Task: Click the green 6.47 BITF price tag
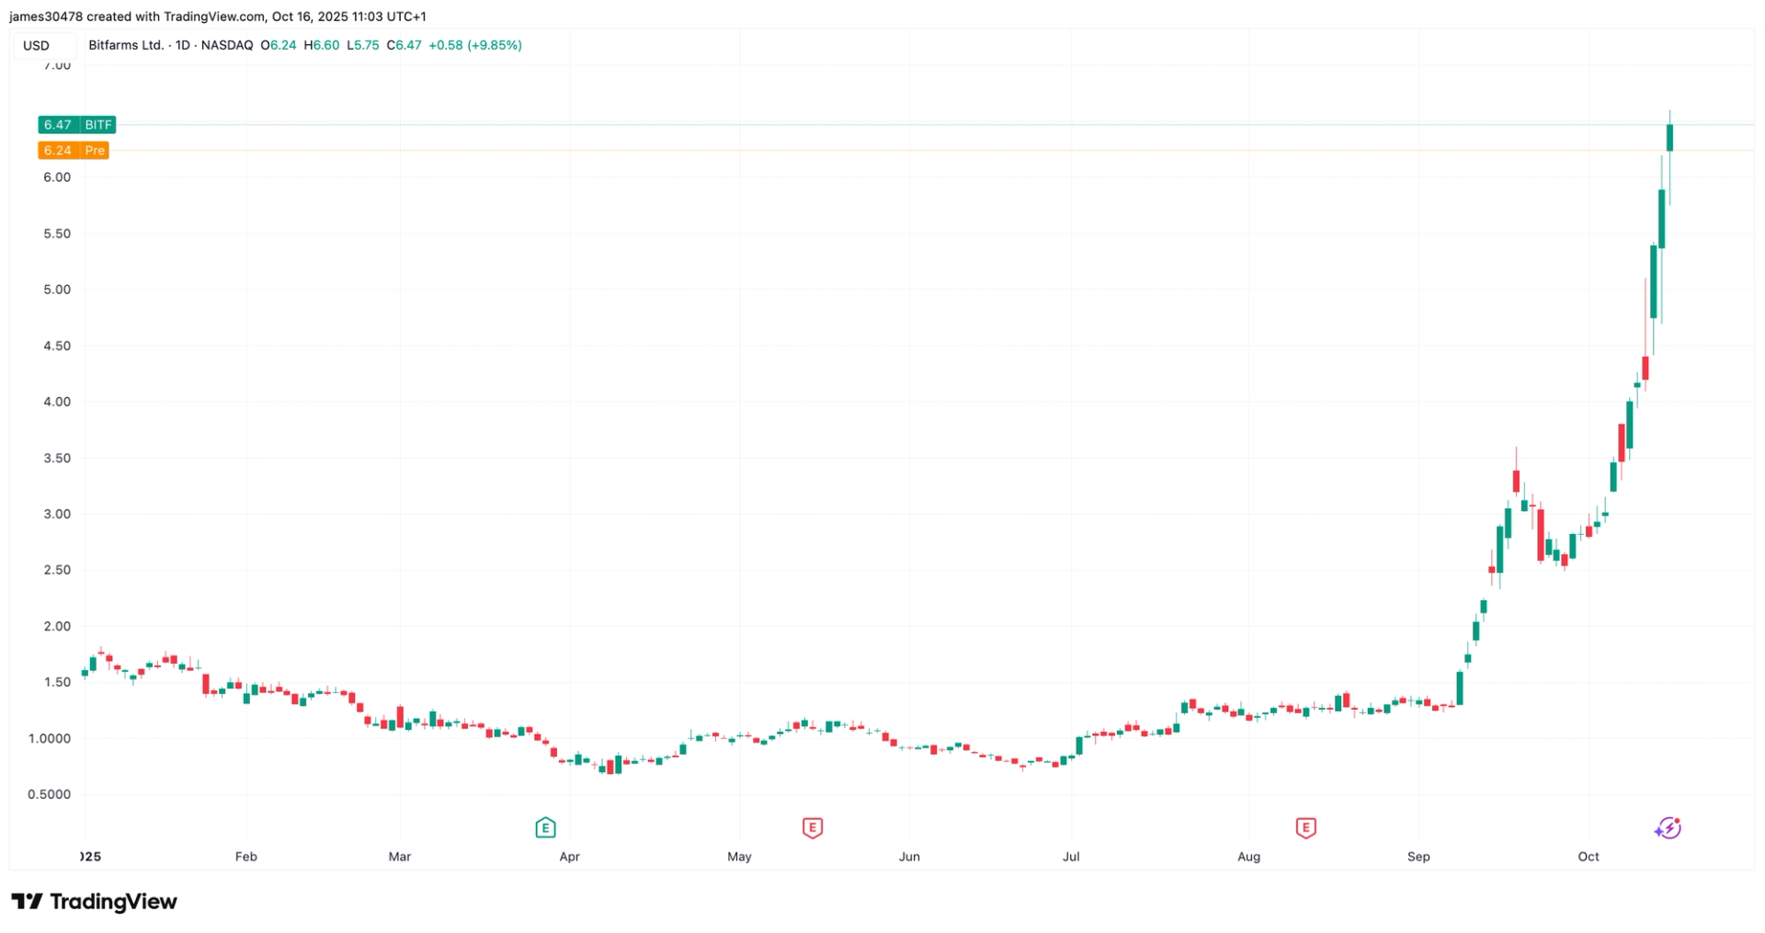(76, 125)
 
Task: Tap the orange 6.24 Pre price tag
(74, 151)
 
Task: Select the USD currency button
(37, 46)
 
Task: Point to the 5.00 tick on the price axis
(57, 290)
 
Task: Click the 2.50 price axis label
(57, 570)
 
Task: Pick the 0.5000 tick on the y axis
(50, 794)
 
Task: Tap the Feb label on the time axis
(245, 857)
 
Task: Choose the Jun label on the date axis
(909, 857)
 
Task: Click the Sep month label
(1418, 857)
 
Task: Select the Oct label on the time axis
(1588, 857)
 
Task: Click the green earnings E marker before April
(545, 828)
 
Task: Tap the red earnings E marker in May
(812, 828)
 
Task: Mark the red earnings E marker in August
(1305, 828)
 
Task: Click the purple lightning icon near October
(1668, 828)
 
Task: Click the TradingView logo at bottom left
(94, 902)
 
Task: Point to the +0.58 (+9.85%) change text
(475, 45)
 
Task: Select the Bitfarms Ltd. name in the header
(126, 45)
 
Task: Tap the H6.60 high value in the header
(322, 45)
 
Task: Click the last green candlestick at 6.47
(1669, 137)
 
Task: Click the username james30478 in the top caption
(45, 17)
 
